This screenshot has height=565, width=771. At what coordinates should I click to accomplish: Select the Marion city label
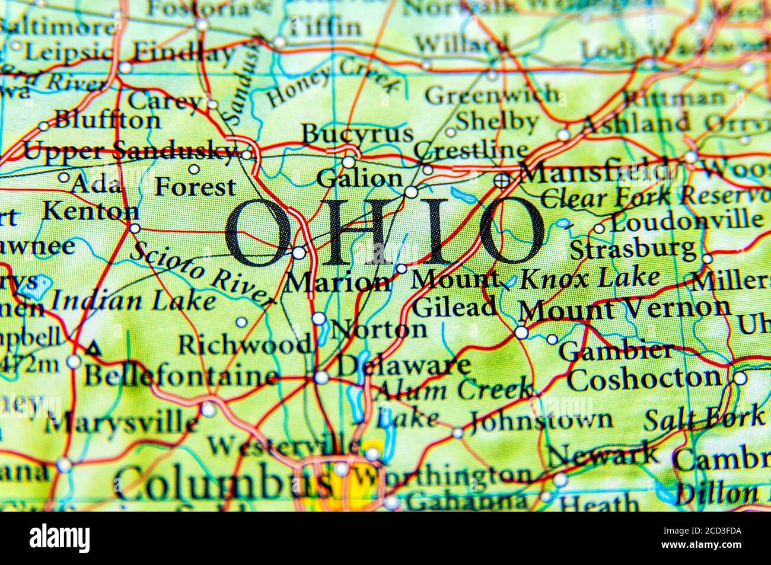click(x=338, y=282)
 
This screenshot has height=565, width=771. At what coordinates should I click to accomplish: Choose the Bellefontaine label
click(x=181, y=376)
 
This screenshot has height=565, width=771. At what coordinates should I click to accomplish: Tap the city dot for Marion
click(x=299, y=253)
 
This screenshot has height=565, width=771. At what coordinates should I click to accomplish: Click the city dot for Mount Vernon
click(x=521, y=333)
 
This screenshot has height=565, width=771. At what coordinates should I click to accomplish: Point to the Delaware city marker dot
click(x=321, y=377)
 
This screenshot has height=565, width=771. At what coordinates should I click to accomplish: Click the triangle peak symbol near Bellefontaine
click(x=92, y=349)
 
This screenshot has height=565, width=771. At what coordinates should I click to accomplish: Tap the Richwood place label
click(x=245, y=343)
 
